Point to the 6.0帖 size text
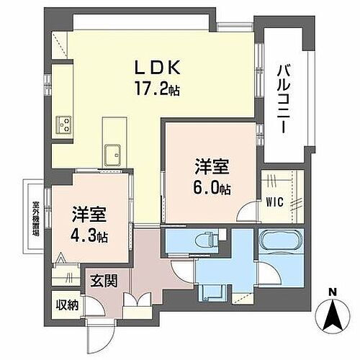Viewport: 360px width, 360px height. [x=213, y=189]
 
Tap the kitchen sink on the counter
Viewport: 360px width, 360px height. [x=113, y=153]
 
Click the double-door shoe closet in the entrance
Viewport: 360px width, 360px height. [x=137, y=302]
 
